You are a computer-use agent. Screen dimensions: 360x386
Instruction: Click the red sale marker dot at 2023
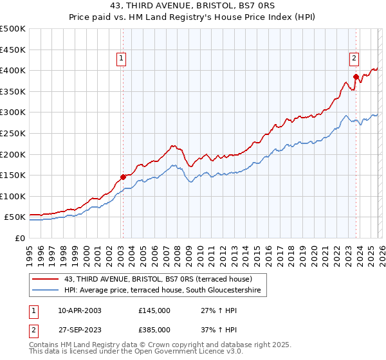(x=355, y=76)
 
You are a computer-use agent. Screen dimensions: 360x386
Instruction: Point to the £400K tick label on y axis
(x=13, y=70)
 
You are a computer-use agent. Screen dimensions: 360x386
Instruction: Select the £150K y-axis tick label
(x=13, y=175)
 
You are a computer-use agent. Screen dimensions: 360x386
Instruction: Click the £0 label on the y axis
(x=21, y=238)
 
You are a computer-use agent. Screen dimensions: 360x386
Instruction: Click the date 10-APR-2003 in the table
(x=79, y=310)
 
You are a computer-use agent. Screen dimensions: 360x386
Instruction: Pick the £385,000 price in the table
(x=154, y=330)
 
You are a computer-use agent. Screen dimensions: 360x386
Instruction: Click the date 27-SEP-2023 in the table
(x=79, y=330)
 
